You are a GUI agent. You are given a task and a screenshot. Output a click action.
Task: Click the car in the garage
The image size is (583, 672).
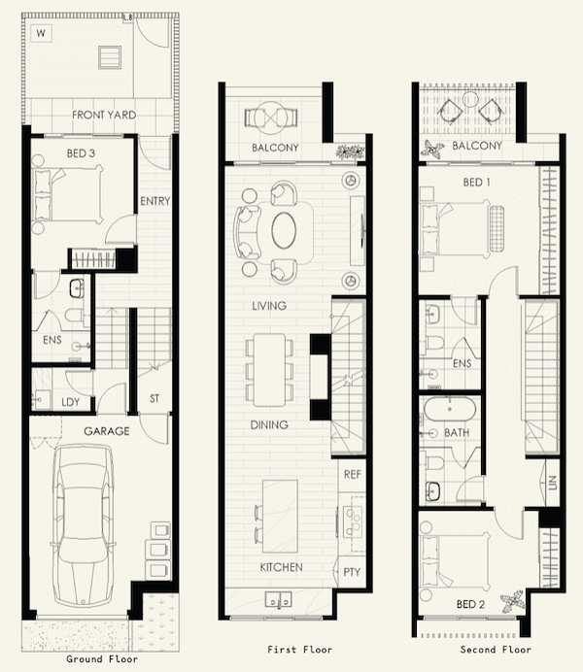(83, 525)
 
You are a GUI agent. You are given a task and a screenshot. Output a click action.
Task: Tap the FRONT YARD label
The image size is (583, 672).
(104, 115)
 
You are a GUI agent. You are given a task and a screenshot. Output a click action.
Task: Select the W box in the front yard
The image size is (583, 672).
(41, 33)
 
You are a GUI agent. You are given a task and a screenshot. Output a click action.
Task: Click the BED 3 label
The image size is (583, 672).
(81, 153)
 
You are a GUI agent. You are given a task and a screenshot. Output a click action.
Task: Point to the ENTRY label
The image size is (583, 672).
(155, 201)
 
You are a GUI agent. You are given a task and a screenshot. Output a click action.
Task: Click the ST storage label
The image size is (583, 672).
(154, 398)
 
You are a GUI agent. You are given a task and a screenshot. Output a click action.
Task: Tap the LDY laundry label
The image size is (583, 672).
(70, 402)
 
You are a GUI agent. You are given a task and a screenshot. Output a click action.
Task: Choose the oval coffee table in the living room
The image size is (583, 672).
(284, 230)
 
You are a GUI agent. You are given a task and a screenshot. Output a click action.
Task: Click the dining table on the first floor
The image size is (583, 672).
(270, 370)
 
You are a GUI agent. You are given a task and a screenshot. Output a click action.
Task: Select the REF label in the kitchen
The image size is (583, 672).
(353, 475)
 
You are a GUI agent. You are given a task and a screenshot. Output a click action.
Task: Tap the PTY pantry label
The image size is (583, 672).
(352, 572)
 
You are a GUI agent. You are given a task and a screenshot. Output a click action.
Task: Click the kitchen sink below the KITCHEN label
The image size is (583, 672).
(278, 599)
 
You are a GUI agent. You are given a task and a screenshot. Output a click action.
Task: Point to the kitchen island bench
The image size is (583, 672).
(280, 517)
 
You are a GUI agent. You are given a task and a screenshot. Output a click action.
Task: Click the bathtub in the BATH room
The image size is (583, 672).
(449, 409)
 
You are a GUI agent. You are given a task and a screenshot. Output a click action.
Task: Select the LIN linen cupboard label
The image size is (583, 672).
(552, 483)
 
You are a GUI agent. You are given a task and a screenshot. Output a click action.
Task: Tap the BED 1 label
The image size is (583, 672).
(476, 183)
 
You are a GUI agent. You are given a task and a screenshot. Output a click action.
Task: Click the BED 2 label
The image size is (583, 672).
(470, 604)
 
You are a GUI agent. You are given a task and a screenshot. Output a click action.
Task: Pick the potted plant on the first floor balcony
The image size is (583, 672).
(350, 151)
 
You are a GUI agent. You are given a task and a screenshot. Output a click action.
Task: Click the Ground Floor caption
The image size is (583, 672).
(102, 658)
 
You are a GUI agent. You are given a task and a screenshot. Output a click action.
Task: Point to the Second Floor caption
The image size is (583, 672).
(496, 650)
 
